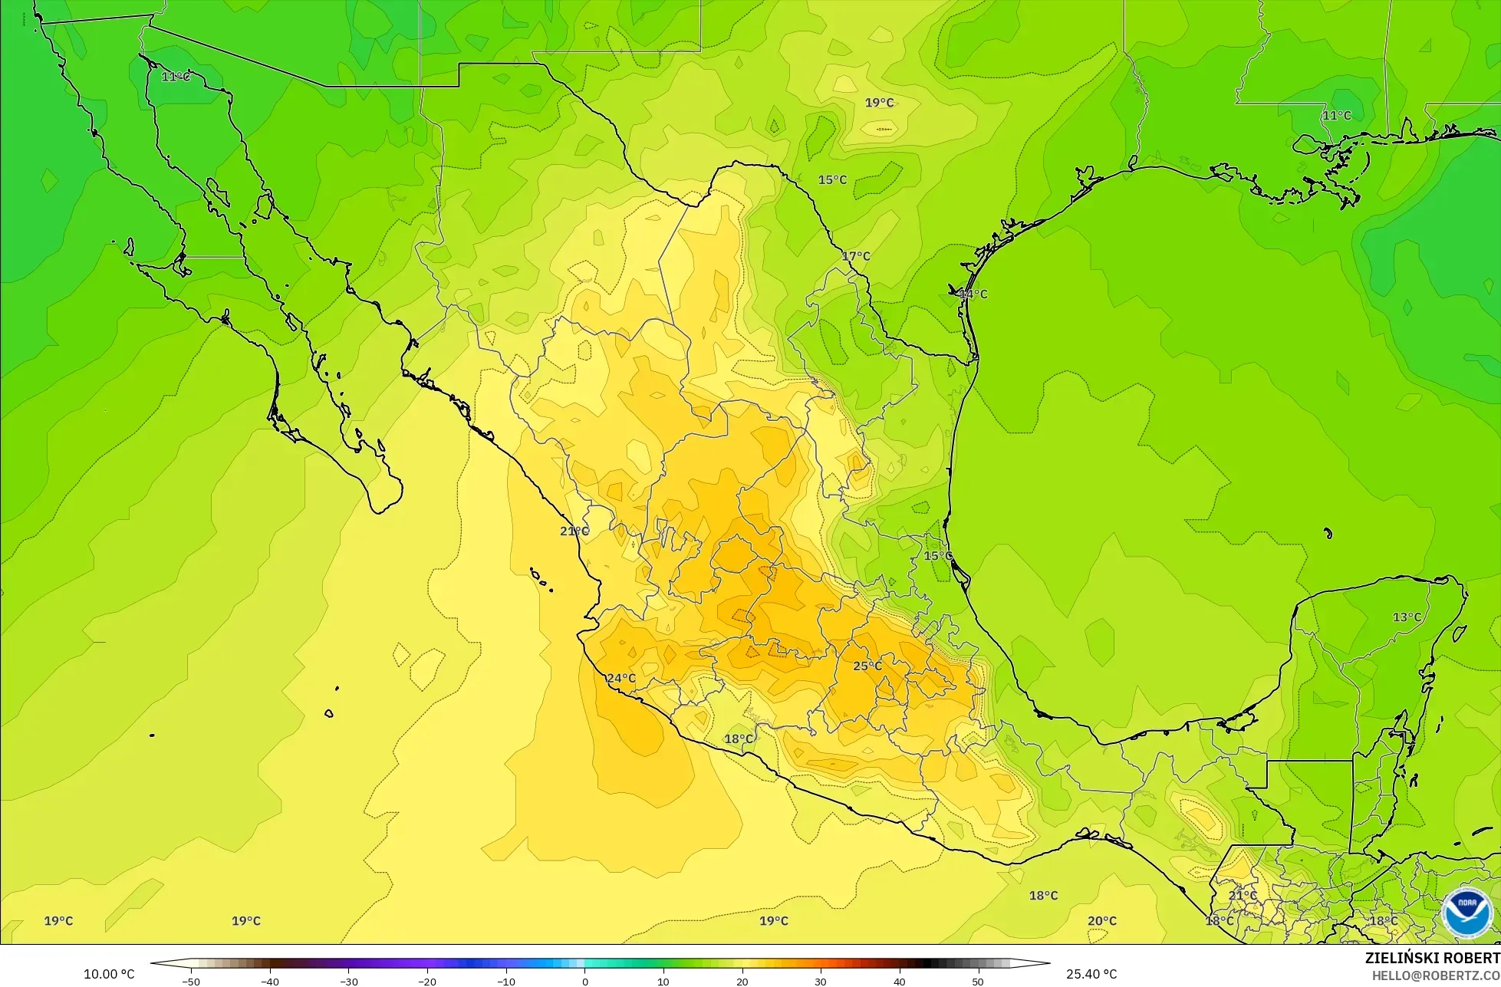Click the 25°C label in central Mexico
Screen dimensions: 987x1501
[867, 666]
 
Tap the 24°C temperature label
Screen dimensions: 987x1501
[621, 678]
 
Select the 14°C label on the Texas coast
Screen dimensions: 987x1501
[973, 294]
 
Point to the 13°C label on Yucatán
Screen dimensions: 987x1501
[1407, 617]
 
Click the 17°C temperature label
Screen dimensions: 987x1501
[856, 256]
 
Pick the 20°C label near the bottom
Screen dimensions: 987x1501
[1102, 921]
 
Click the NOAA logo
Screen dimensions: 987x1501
[1466, 913]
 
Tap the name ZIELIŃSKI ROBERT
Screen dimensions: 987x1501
[1433, 959]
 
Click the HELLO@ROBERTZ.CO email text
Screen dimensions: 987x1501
[1436, 975]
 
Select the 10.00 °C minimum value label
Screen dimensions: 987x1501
[109, 974]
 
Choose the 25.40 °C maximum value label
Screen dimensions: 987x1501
[1091, 974]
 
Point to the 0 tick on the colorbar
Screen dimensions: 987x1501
[584, 981]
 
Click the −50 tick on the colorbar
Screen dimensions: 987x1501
[191, 981]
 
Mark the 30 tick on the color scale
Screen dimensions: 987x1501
[821, 981]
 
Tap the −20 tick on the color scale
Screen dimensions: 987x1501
[426, 981]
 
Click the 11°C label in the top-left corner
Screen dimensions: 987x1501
[176, 77]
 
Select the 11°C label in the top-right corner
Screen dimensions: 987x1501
[1336, 115]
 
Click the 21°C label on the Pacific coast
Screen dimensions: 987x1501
[574, 531]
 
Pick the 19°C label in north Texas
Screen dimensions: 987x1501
[879, 103]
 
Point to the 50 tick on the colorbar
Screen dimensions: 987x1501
[978, 981]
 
